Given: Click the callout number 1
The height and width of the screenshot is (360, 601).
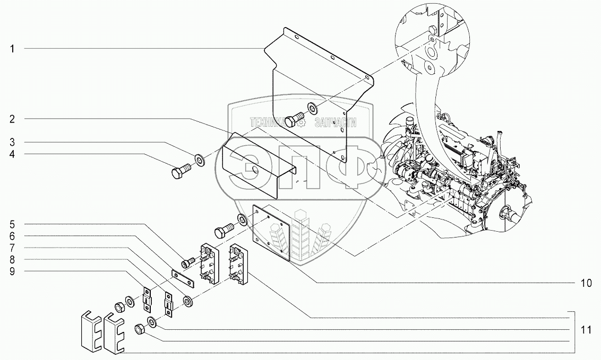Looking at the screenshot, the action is click(12, 49).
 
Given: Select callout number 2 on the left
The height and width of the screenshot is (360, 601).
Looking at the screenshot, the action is click(12, 119).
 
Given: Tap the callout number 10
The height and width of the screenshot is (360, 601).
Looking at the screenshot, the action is click(587, 283).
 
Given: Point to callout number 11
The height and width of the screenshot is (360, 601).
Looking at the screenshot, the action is click(587, 329).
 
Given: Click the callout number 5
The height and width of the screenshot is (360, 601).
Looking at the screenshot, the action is click(12, 224).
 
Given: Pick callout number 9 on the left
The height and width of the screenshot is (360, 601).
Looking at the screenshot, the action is click(12, 271).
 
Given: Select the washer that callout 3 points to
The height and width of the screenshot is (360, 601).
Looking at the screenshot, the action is click(200, 159).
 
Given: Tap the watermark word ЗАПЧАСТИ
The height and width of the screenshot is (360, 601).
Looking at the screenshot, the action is click(336, 122).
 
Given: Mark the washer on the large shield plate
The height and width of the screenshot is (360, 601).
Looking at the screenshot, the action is click(312, 108).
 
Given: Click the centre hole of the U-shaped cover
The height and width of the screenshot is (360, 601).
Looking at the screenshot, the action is click(253, 169).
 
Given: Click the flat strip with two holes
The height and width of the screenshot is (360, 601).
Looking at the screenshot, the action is click(183, 278).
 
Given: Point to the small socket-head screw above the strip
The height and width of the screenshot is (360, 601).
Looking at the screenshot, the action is click(188, 262).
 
